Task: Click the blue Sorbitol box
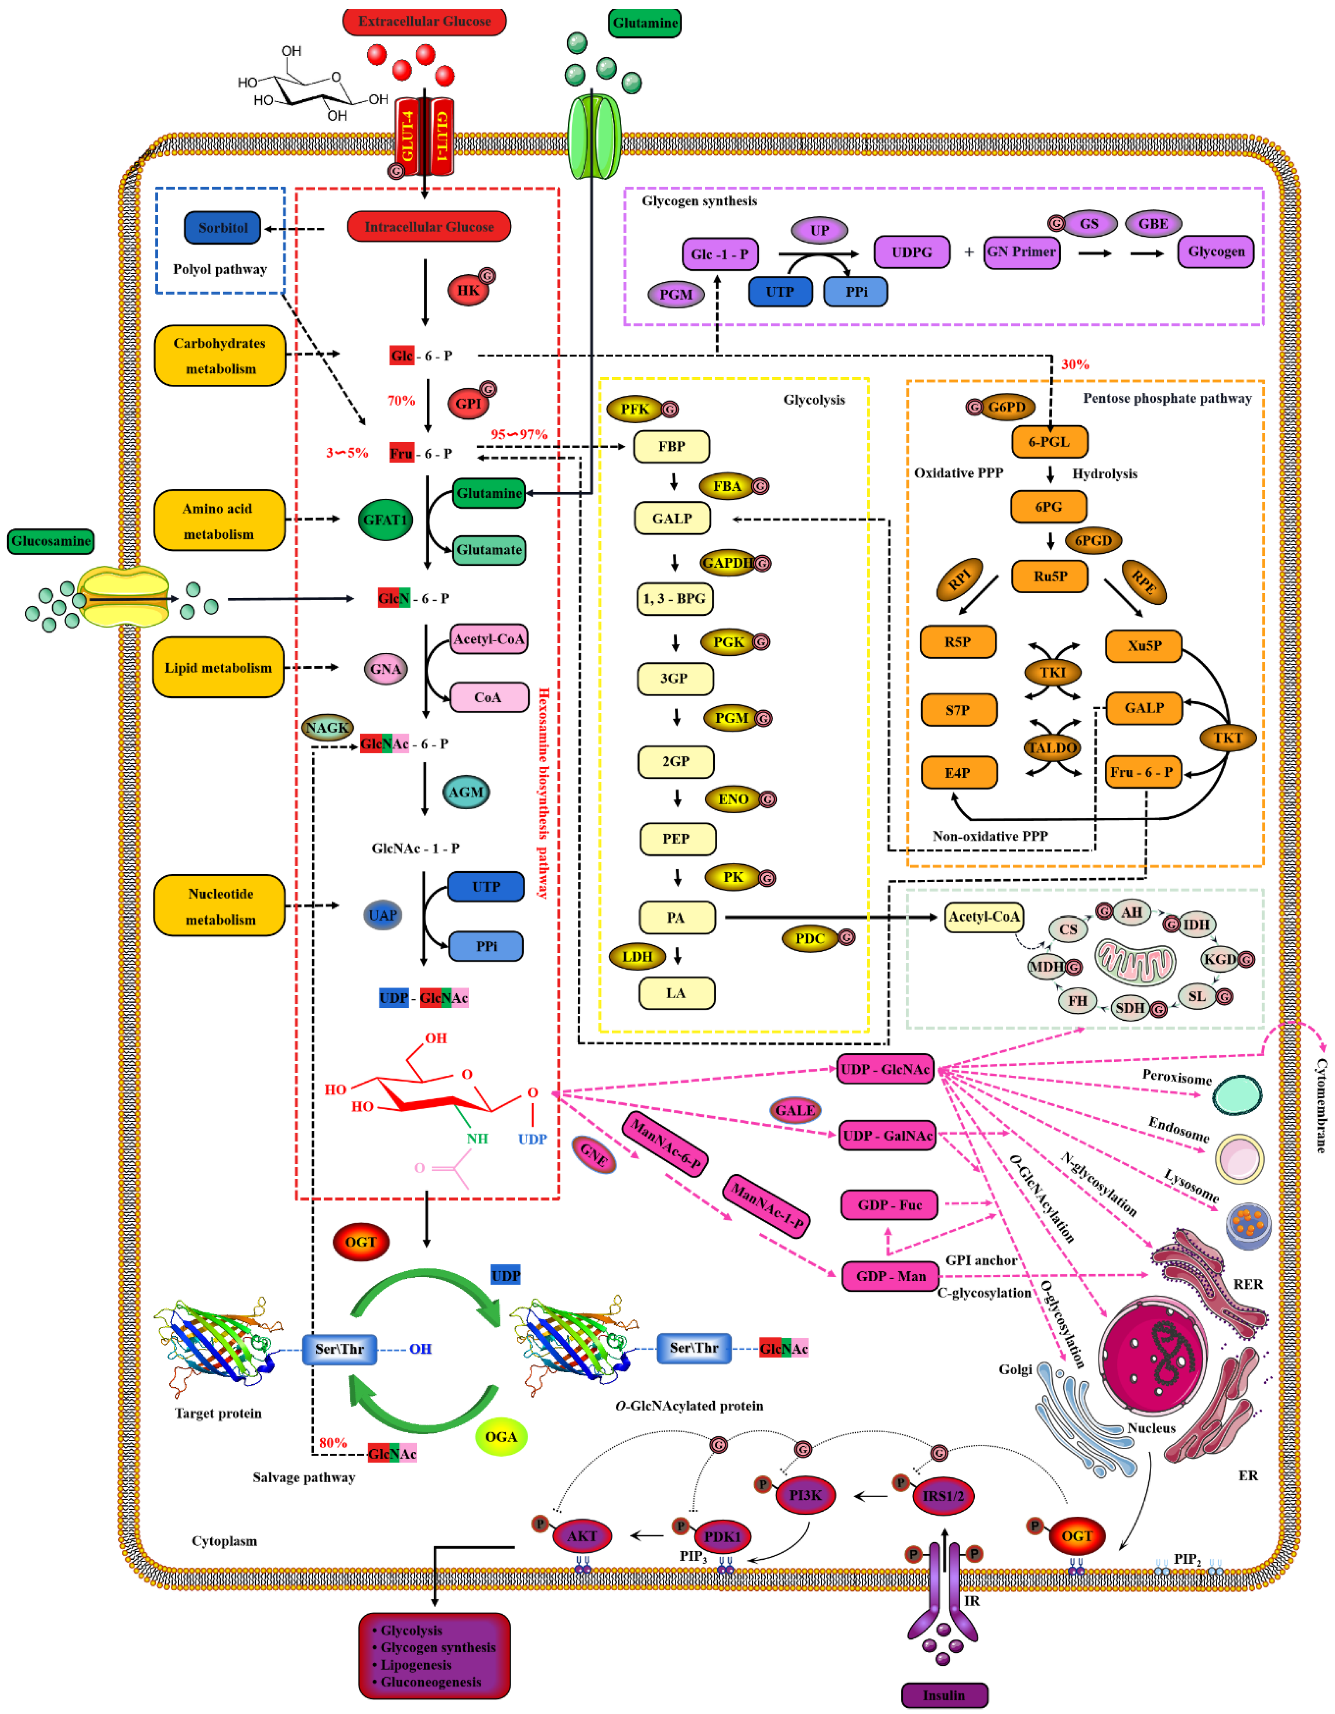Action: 222,228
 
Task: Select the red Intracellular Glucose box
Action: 429,227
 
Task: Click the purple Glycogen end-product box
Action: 1216,252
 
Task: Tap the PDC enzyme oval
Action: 810,939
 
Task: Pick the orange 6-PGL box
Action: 1049,442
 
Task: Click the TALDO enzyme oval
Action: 1052,747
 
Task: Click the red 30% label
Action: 1075,364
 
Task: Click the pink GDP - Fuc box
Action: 889,1205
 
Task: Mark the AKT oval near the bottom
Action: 582,1536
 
